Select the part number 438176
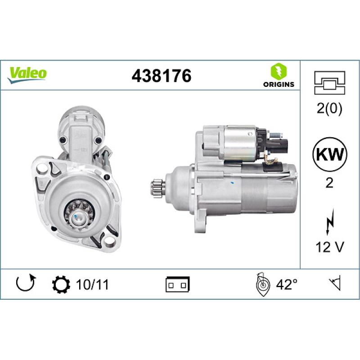pyautogui.click(x=162, y=76)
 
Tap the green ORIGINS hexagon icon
pyautogui.click(x=279, y=72)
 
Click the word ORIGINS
pyautogui.click(x=279, y=84)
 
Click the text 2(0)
pyautogui.click(x=329, y=110)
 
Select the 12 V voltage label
pyautogui.click(x=329, y=246)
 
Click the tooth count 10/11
pyautogui.click(x=93, y=284)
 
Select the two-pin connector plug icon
pyautogui.click(x=178, y=284)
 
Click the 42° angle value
pyautogui.click(x=286, y=284)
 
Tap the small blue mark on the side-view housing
pyautogui.click(x=231, y=183)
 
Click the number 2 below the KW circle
pyautogui.click(x=329, y=184)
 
